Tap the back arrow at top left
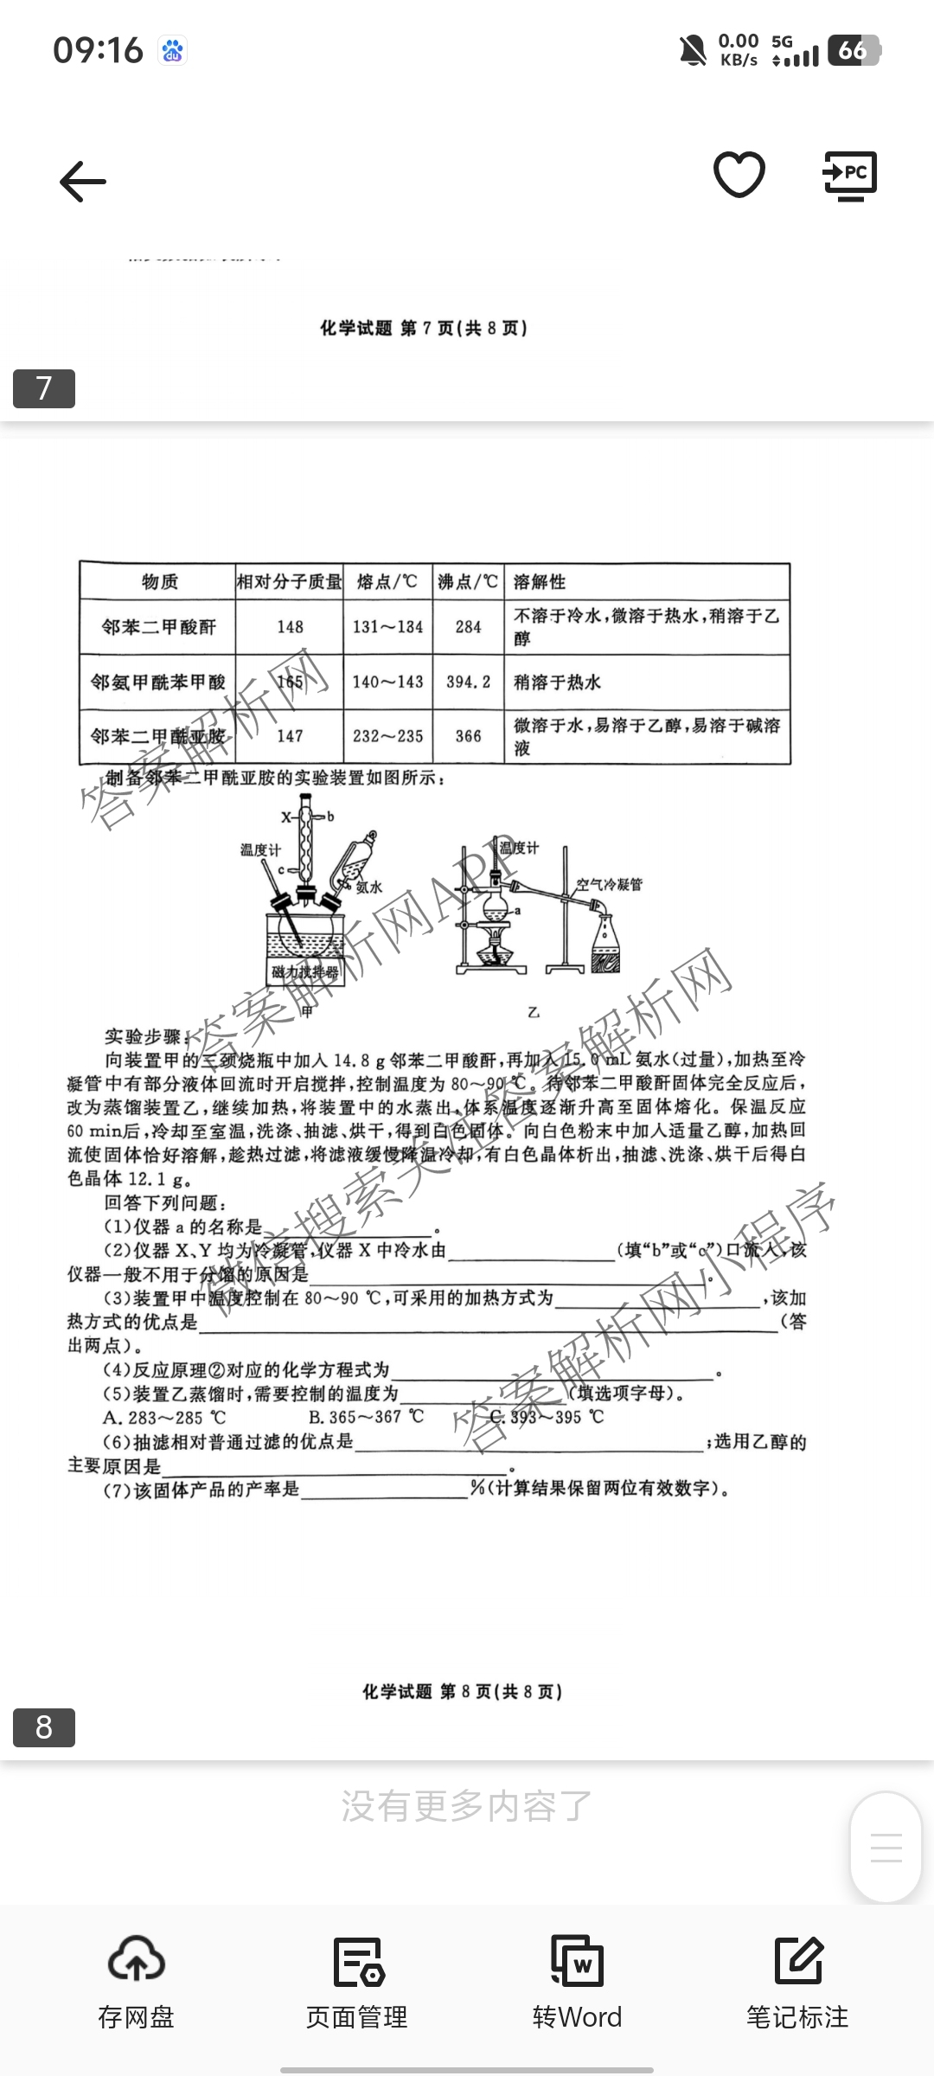(83, 182)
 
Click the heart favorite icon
(739, 174)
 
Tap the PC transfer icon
(850, 176)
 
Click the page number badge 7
(44, 388)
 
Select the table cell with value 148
(290, 627)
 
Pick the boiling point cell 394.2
(468, 682)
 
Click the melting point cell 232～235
(387, 736)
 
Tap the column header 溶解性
(540, 581)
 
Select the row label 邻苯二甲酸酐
(158, 627)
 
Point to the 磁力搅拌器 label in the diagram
(304, 971)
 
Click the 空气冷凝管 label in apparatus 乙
(609, 884)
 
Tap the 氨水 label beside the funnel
(368, 887)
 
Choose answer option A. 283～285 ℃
(164, 1418)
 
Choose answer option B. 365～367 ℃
(367, 1417)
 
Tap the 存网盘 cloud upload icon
(136, 1962)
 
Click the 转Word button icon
(577, 1962)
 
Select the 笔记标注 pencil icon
(797, 1962)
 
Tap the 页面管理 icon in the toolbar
(357, 1962)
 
